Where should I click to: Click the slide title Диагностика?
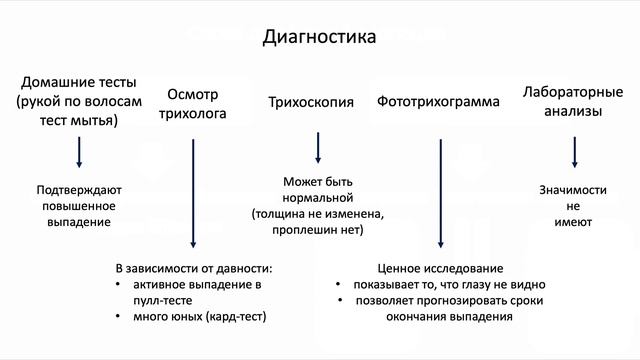319,38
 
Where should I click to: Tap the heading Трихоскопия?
312,102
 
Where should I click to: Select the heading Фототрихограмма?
438,102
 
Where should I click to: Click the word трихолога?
193,114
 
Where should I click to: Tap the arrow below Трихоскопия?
318,147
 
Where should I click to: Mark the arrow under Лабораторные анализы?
574,151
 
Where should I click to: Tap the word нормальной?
318,198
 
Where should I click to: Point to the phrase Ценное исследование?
440,269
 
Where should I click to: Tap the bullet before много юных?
120,316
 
